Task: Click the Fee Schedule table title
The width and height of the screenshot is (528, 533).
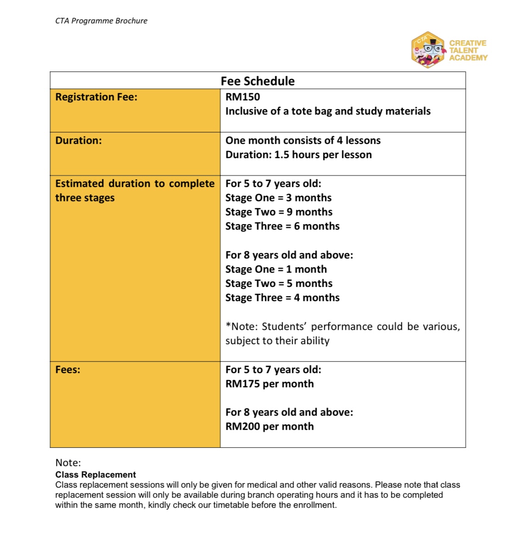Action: click(x=257, y=81)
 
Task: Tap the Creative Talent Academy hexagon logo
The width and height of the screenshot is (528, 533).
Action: click(x=428, y=50)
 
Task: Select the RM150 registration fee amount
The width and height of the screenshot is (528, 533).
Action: click(x=243, y=97)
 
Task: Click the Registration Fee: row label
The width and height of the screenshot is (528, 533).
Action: click(x=96, y=97)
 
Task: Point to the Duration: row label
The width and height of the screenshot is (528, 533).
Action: click(x=78, y=141)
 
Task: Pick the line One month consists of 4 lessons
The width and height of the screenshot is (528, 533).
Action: click(x=303, y=141)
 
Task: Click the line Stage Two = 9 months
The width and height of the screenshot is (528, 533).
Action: click(x=279, y=212)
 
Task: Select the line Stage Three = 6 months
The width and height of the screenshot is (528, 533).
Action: click(x=282, y=226)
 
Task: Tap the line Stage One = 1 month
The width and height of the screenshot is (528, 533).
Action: click(x=276, y=269)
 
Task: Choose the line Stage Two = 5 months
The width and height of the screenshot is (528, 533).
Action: click(x=279, y=284)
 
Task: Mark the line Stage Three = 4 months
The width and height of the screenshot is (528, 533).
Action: click(x=282, y=298)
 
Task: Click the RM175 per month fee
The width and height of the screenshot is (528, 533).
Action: click(x=269, y=384)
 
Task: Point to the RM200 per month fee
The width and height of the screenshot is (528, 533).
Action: click(x=269, y=427)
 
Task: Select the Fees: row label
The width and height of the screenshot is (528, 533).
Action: click(x=68, y=370)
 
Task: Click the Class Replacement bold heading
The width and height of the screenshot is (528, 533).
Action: click(x=95, y=475)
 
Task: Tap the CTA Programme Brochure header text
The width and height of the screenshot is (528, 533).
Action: click(x=101, y=21)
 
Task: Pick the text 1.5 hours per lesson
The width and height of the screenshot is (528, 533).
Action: click(x=323, y=155)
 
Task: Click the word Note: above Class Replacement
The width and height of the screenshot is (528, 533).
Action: click(x=68, y=463)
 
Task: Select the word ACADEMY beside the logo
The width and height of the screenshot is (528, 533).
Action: click(x=468, y=58)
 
